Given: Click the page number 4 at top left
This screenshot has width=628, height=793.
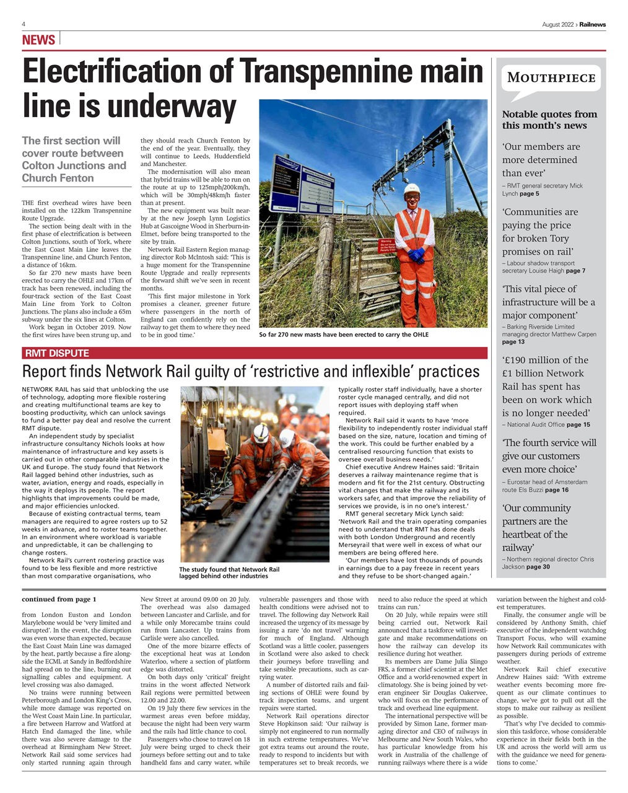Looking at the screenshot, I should (24, 24).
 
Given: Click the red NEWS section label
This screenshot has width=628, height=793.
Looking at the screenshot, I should (38, 40).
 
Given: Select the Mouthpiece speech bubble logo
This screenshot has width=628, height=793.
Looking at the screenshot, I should (551, 80).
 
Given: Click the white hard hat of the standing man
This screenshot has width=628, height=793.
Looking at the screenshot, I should (412, 189).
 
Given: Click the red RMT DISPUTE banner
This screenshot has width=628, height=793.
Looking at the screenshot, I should (56, 353).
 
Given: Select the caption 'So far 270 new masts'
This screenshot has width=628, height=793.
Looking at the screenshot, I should (343, 335).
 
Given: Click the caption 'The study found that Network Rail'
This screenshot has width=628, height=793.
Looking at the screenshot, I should (229, 572).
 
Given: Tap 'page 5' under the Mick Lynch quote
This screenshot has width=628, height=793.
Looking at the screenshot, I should (529, 194).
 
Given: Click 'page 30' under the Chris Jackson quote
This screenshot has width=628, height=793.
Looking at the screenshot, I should (538, 566).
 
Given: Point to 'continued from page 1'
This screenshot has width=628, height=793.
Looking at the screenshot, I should (59, 599).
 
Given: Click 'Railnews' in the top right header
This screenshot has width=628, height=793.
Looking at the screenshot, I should (593, 24).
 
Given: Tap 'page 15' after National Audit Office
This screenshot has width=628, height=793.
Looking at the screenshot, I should (578, 424).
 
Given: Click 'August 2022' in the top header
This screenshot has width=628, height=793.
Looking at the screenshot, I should (557, 24).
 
